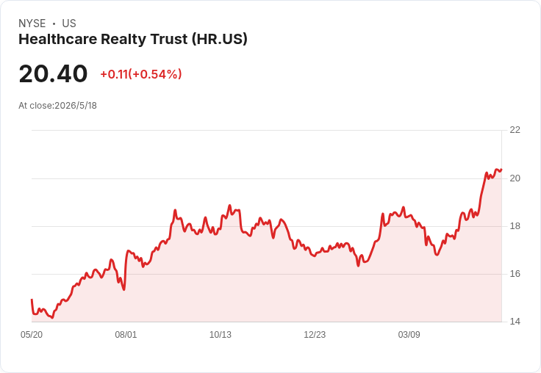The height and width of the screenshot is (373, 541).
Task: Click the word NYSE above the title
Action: (32, 23)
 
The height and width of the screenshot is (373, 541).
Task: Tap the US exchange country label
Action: (69, 23)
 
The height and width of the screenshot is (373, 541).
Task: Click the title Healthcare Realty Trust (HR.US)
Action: (133, 40)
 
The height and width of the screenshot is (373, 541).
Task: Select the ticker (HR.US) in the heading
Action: (220, 40)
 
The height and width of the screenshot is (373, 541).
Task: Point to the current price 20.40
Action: (53, 73)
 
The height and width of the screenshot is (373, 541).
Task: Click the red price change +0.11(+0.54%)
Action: (141, 74)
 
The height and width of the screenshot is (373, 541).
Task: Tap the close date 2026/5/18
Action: (76, 106)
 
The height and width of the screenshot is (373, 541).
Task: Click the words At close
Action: (35, 106)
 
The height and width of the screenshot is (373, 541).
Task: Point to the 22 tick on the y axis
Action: (515, 130)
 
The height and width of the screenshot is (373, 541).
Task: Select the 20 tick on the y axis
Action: (515, 178)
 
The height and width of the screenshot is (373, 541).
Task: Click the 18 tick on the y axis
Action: (515, 226)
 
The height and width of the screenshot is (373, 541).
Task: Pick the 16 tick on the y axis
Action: (515, 274)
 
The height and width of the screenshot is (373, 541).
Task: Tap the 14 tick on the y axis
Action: (515, 322)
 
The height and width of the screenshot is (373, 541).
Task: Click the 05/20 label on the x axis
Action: (32, 335)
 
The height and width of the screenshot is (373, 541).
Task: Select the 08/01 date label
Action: (126, 335)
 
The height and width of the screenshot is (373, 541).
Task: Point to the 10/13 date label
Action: (221, 335)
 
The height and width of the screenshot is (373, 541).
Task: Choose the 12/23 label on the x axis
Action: (315, 335)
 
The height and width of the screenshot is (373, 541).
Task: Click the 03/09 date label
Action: (409, 335)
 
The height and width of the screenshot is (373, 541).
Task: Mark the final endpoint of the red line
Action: (501, 170)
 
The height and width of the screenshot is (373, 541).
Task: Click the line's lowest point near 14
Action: (52, 317)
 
